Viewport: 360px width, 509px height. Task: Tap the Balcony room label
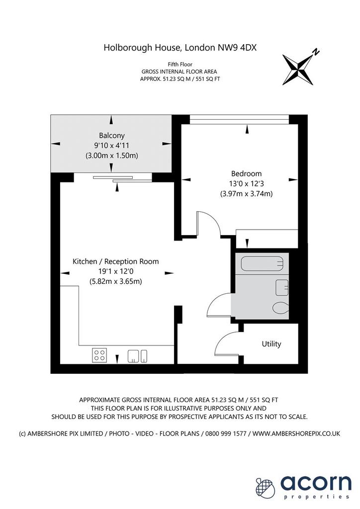coord(112,135)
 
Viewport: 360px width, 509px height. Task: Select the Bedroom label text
coord(246,173)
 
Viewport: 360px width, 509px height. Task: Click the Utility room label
coord(271,344)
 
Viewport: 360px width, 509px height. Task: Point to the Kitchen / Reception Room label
coord(115,261)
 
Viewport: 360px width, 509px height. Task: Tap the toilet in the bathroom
coord(280,307)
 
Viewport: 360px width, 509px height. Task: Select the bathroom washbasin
coord(281,288)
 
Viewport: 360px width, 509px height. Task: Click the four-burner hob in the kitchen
coord(99,355)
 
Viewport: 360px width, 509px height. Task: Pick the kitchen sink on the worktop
coord(137,356)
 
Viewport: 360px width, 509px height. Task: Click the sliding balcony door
coord(123,178)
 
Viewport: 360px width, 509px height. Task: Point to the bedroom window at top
coord(239,119)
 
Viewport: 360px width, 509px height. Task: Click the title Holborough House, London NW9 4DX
coord(180,48)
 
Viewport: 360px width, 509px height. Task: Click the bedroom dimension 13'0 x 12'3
coord(247,183)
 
